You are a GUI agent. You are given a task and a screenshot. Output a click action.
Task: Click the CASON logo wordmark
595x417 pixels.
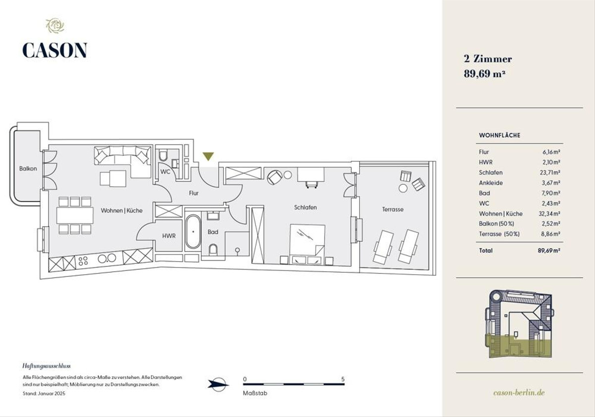(55, 50)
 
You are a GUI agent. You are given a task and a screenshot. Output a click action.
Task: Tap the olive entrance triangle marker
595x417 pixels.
(208, 156)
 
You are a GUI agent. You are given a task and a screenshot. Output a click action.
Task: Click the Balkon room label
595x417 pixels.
(28, 168)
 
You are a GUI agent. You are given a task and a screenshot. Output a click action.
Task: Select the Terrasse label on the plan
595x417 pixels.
(393, 209)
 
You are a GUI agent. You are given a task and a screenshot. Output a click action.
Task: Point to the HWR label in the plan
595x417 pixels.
(169, 236)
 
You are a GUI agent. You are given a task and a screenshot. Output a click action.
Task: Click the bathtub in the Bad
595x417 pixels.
(193, 232)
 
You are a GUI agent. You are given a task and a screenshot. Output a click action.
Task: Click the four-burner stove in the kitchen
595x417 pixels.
(83, 261)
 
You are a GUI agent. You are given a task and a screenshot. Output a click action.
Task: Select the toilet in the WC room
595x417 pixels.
(163, 156)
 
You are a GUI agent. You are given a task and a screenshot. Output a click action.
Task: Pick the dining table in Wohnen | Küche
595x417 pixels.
(75, 215)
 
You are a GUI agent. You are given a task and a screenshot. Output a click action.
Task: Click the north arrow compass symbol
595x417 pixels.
(218, 384)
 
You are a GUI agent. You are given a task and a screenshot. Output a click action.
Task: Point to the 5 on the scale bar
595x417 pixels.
(343, 379)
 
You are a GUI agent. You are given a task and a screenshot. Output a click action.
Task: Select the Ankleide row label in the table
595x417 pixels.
(491, 183)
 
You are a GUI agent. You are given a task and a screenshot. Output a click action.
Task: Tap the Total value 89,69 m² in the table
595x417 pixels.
(549, 251)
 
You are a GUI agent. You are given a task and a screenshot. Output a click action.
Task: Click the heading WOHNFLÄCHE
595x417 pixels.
(500, 135)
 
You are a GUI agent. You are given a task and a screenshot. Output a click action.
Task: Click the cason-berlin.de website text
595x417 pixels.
(519, 392)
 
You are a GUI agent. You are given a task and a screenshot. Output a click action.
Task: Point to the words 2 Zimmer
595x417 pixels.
(488, 59)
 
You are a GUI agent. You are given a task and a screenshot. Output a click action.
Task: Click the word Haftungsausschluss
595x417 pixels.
(47, 366)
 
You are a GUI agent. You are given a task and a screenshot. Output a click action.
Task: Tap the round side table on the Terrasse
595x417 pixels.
(403, 188)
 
